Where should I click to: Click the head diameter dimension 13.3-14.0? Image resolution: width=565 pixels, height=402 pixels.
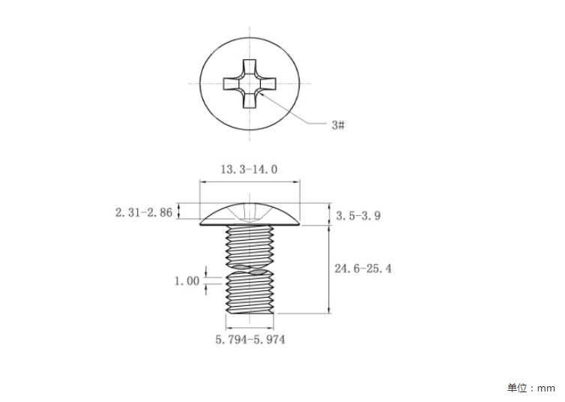[x=249, y=169]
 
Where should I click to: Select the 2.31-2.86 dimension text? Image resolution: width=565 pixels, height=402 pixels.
[x=144, y=212]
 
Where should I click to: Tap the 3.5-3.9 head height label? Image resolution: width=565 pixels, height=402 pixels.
[x=358, y=215]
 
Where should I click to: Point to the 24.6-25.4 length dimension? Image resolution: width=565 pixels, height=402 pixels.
[x=363, y=268]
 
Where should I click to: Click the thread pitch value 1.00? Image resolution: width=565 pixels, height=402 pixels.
[x=187, y=280]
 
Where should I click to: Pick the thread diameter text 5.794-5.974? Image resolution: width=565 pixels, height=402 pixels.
[x=250, y=340]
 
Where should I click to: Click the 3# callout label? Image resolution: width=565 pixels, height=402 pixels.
[x=339, y=125]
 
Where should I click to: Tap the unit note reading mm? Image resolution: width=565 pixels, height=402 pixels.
[x=546, y=388]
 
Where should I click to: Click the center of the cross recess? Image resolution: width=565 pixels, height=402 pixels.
[x=250, y=84]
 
